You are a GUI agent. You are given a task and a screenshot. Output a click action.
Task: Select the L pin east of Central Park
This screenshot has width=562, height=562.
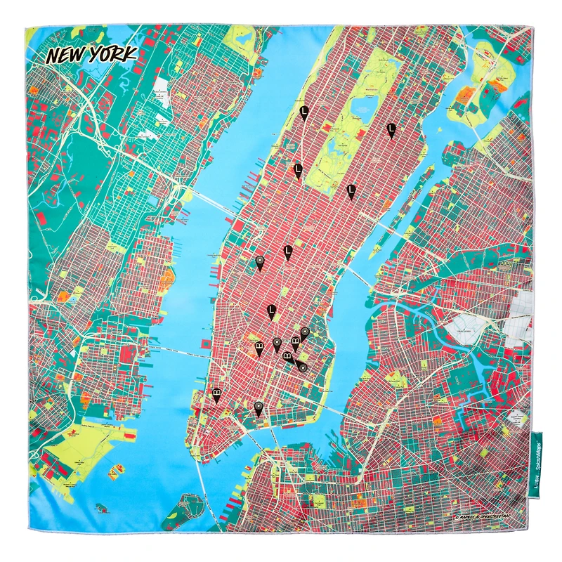391,129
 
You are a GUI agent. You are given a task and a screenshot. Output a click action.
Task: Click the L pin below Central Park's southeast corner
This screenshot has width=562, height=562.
351,189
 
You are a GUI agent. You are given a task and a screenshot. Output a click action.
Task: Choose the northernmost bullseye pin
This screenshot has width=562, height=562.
260,262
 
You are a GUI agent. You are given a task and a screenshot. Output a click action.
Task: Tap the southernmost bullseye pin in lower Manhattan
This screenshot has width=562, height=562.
259,407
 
